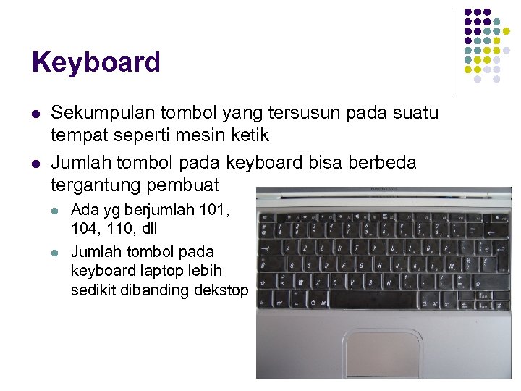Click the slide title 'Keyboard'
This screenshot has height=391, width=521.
96,63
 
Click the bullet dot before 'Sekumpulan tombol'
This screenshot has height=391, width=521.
35,114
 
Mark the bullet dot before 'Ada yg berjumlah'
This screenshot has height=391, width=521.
56,211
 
